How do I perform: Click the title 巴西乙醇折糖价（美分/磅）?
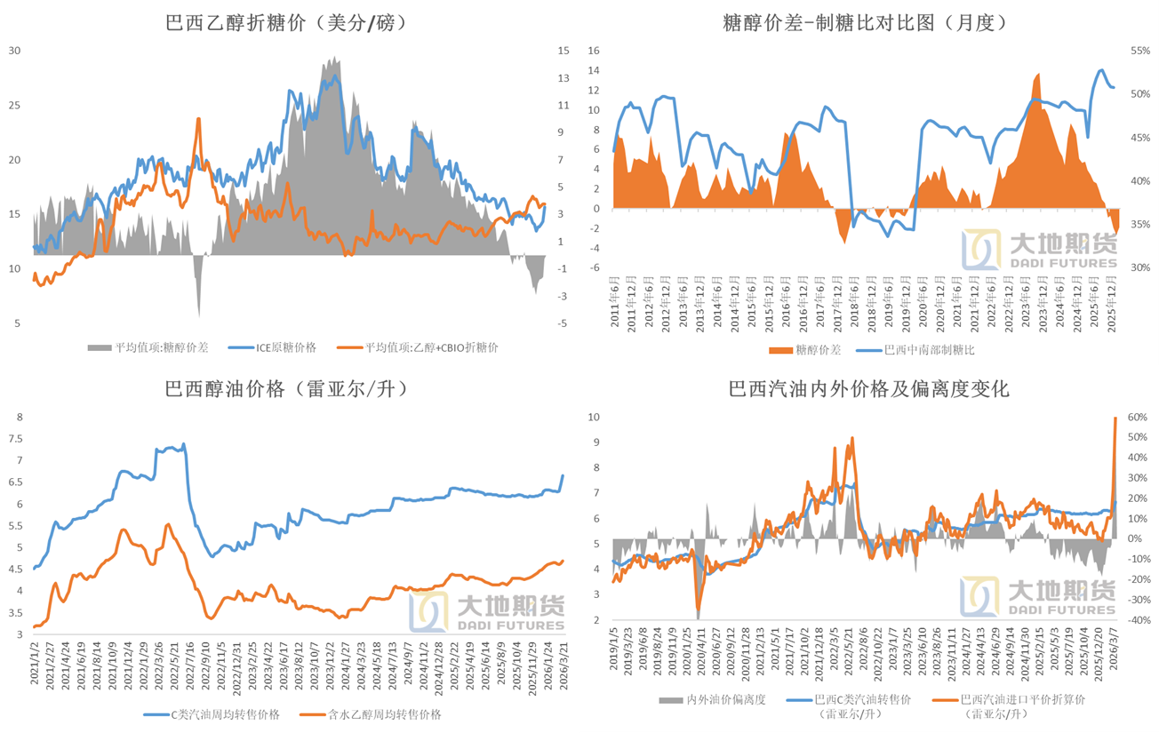coord(286,23)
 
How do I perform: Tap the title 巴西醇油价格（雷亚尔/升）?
coord(286,388)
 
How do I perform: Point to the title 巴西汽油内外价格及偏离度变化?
coord(868,388)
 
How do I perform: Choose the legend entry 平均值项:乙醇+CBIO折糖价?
coord(431,347)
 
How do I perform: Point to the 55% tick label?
coord(1141,51)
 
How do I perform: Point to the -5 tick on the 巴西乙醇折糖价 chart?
coord(563,323)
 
